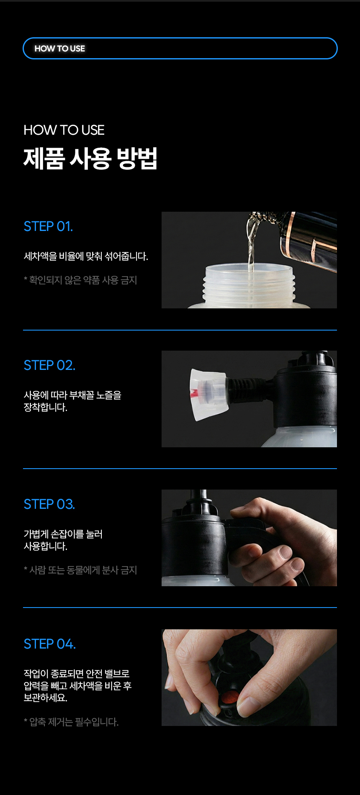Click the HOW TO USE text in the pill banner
pos(59,49)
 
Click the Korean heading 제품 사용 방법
pos(90,159)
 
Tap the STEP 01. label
pos(48,226)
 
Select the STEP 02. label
pos(49,365)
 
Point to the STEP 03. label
pos(49,504)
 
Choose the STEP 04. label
pos(50,644)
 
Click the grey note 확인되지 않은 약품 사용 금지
pos(80,280)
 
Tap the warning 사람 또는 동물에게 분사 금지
pos(80,570)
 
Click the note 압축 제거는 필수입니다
pos(71,722)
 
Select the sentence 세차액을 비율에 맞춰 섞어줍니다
pos(86,256)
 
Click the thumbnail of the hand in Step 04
pos(249,677)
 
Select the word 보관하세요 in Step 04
pos(46,698)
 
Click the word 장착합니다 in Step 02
pos(46,407)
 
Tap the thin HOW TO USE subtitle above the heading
pos(64,130)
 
